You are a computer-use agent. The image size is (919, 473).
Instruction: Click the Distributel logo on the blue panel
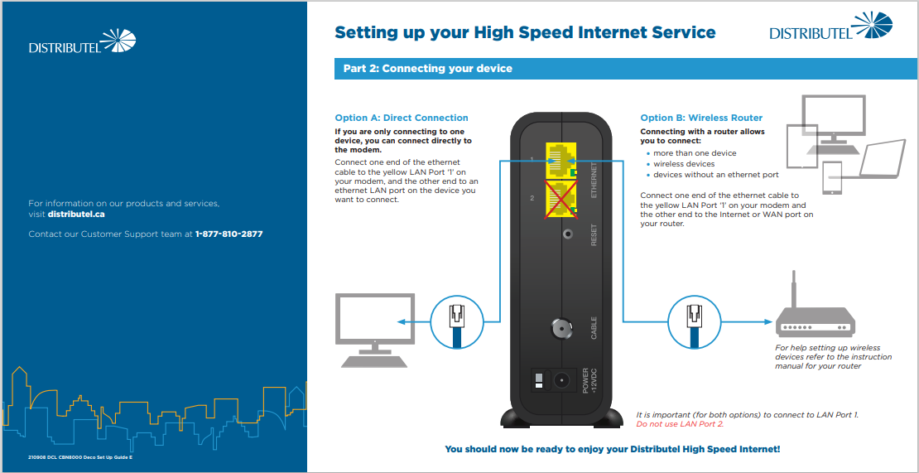[82, 41]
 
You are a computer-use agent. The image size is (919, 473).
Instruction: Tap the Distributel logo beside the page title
[831, 27]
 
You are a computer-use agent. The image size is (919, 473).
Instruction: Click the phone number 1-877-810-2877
[229, 234]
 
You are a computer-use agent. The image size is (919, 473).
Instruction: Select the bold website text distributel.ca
[76, 214]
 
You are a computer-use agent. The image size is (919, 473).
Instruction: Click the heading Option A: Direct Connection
[402, 118]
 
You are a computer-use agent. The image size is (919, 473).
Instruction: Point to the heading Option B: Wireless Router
[701, 118]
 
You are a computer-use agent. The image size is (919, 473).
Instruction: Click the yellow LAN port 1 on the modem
[561, 160]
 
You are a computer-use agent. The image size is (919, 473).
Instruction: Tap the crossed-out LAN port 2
[561, 200]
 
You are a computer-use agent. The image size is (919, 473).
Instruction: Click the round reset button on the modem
[567, 234]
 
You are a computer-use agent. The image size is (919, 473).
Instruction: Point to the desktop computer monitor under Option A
[374, 331]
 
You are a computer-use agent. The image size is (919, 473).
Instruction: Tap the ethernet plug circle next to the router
[695, 321]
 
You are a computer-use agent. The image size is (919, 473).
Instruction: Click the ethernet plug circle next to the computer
[456, 321]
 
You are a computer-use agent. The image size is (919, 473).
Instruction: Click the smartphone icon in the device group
[832, 178]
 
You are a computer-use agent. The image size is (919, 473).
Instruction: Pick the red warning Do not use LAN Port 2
[680, 424]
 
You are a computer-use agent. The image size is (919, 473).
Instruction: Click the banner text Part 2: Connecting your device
[428, 69]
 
